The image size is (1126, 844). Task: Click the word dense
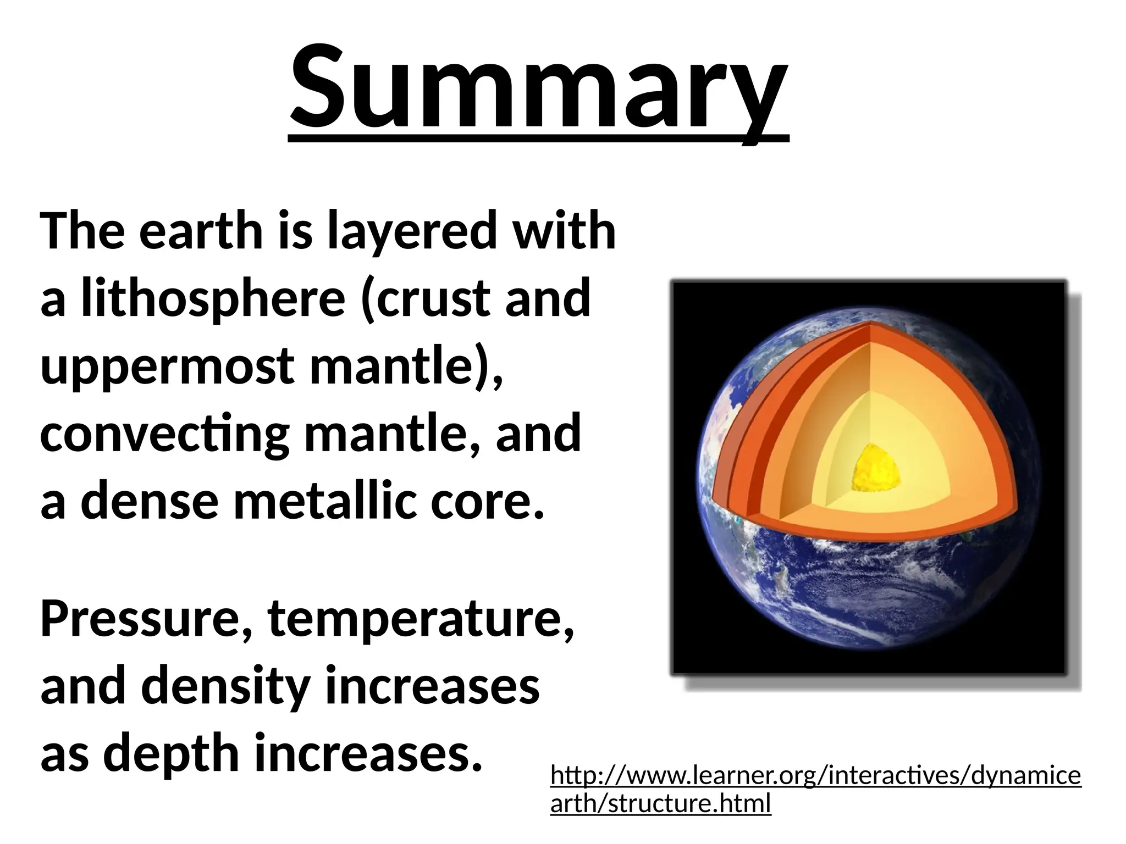[x=150, y=501]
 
